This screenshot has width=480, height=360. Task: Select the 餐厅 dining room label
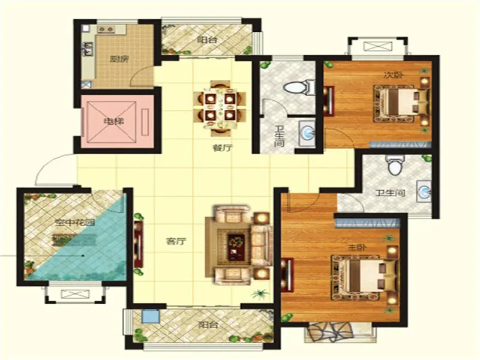[x=223, y=148]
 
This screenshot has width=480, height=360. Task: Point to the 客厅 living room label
[x=176, y=241]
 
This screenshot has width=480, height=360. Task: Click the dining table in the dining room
[x=220, y=107]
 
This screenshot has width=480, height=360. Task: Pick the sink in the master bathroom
[x=424, y=191]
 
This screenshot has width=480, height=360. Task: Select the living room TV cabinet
[x=139, y=244]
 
